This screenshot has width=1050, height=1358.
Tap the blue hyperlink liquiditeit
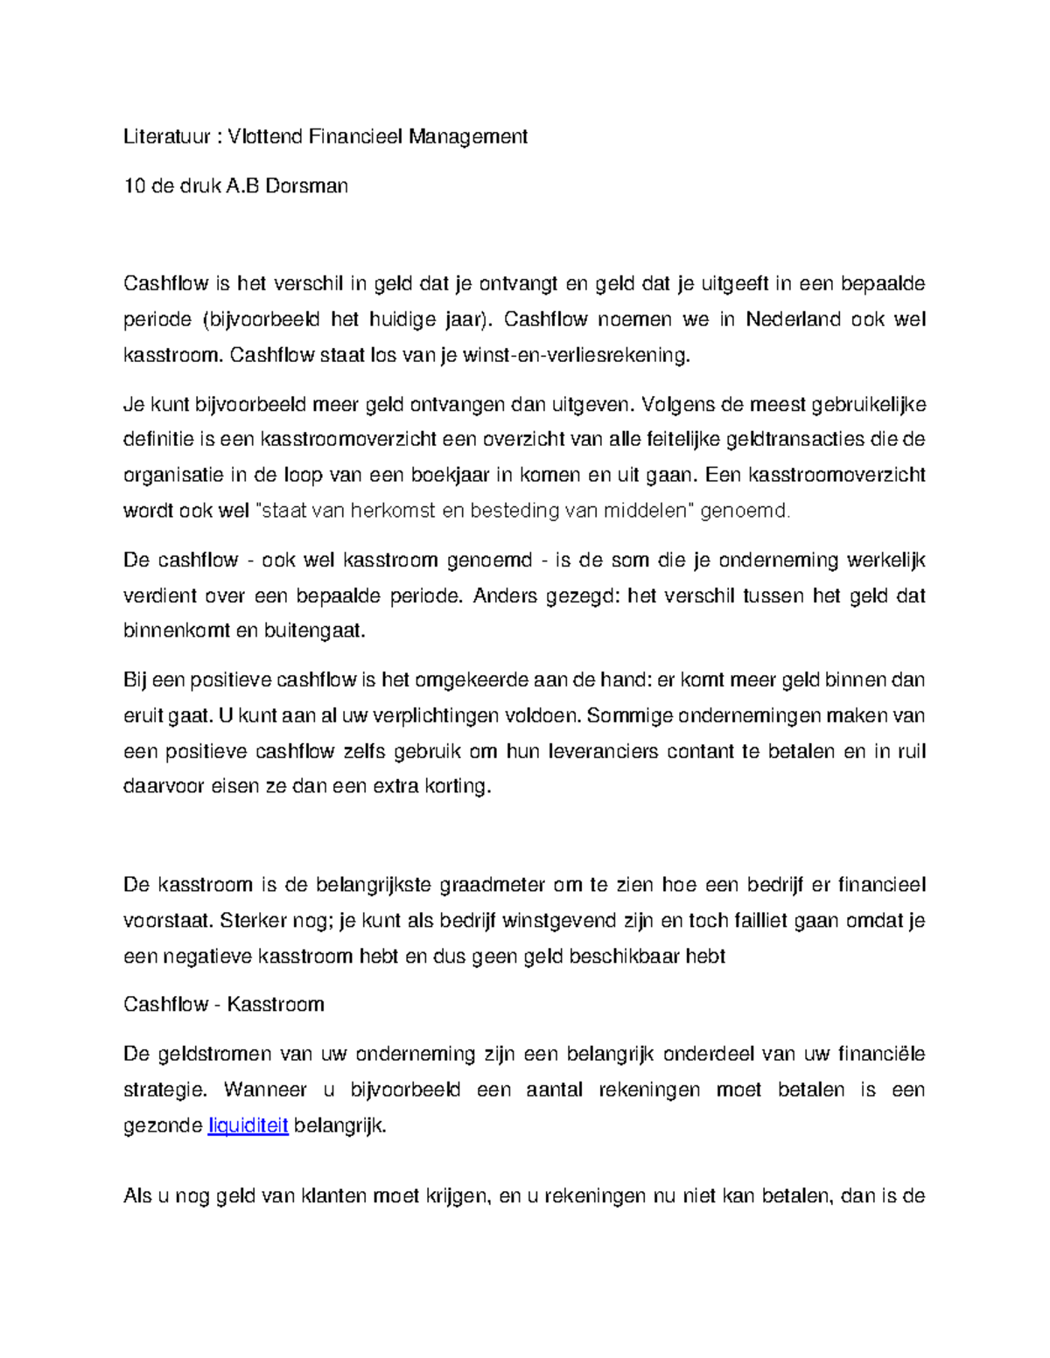coord(248,1126)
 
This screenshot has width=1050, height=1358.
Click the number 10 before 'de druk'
coord(134,185)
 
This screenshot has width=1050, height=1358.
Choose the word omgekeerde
coord(473,679)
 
